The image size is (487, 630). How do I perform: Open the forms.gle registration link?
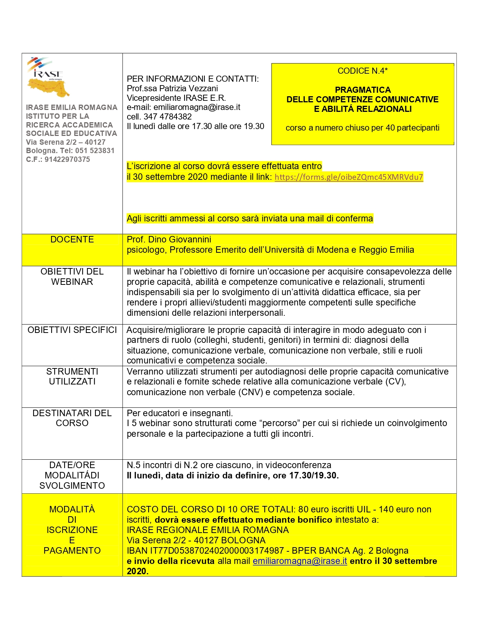pyautogui.click(x=349, y=177)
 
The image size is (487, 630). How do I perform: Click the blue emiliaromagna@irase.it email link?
pyautogui.click(x=300, y=561)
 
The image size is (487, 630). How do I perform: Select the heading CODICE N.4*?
pyautogui.click(x=362, y=71)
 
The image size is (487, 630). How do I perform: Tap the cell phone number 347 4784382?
pyautogui.click(x=168, y=117)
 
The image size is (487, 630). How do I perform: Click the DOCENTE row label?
pyautogui.click(x=72, y=239)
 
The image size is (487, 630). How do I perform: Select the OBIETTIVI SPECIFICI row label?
pyautogui.click(x=72, y=330)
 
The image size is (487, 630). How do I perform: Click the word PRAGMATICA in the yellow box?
pyautogui.click(x=363, y=90)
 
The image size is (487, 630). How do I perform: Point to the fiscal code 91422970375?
pyautogui.click(x=67, y=160)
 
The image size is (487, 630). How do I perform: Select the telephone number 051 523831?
pyautogui.click(x=95, y=151)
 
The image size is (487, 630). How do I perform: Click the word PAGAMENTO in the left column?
pyautogui.click(x=72, y=551)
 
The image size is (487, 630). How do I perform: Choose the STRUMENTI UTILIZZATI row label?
pyautogui.click(x=72, y=376)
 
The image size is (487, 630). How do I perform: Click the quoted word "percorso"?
pyautogui.click(x=280, y=423)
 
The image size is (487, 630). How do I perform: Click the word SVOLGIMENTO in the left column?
pyautogui.click(x=72, y=486)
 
